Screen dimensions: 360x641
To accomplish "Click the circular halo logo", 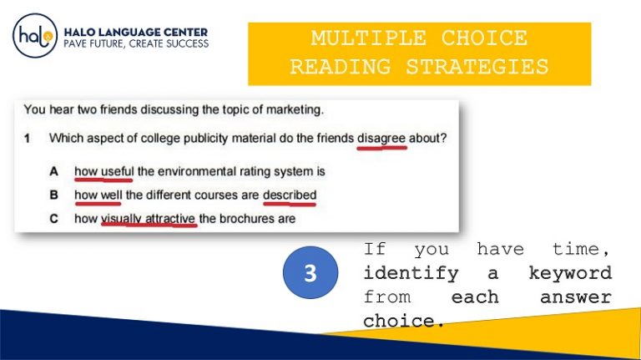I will point(34,37).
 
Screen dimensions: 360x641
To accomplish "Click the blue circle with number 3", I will point(310,273).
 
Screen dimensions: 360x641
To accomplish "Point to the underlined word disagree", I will point(381,137).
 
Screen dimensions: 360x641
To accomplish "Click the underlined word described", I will point(290,195).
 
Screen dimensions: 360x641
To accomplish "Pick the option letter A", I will point(53,172).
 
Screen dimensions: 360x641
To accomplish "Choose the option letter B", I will point(53,195).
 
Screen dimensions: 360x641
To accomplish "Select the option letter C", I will point(53,219).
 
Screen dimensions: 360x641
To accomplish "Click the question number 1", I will point(28,137).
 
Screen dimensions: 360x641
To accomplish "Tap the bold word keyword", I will point(570,273).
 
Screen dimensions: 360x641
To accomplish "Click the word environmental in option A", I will point(193,172).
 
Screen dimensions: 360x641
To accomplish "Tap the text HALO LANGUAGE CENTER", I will point(136,32).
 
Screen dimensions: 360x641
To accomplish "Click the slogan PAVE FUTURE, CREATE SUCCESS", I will point(136,43).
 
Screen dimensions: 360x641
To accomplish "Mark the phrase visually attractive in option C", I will point(149,219).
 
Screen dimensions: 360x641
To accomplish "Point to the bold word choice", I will point(399,321).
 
